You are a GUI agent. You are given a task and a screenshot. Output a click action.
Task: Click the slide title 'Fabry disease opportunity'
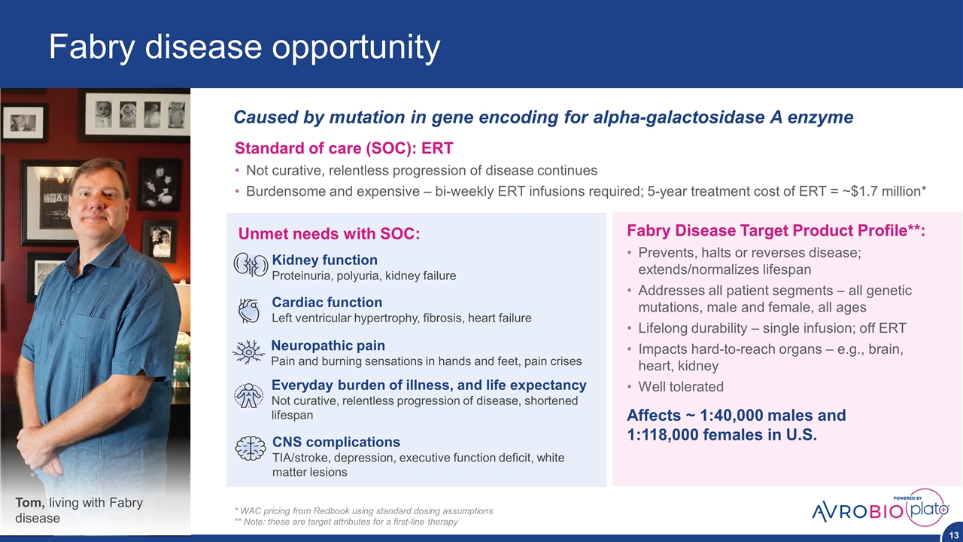[x=245, y=47]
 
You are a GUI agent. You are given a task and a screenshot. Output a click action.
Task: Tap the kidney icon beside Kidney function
[x=251, y=264]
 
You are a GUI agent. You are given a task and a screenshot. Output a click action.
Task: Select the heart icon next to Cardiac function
[x=249, y=311]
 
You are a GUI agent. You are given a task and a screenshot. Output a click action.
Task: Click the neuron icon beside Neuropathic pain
[x=248, y=352]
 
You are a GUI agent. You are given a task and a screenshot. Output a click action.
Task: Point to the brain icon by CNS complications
[x=251, y=448]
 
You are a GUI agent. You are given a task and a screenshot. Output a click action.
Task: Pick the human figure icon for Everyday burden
[x=249, y=396]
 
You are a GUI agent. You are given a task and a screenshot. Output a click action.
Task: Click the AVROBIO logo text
[x=857, y=511]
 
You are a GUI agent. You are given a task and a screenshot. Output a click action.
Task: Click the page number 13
[x=953, y=535]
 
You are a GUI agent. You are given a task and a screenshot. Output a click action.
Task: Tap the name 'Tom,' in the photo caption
[x=30, y=502]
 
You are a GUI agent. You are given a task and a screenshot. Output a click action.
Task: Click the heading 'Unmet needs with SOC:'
[x=329, y=234]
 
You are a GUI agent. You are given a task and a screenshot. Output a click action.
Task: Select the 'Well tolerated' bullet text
[x=681, y=387]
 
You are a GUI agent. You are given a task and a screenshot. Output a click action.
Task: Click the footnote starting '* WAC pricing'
[x=363, y=511]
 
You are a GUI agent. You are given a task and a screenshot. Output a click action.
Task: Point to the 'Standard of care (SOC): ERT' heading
[x=344, y=148]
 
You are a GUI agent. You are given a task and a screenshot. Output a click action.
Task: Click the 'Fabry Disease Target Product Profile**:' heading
[x=776, y=230]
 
